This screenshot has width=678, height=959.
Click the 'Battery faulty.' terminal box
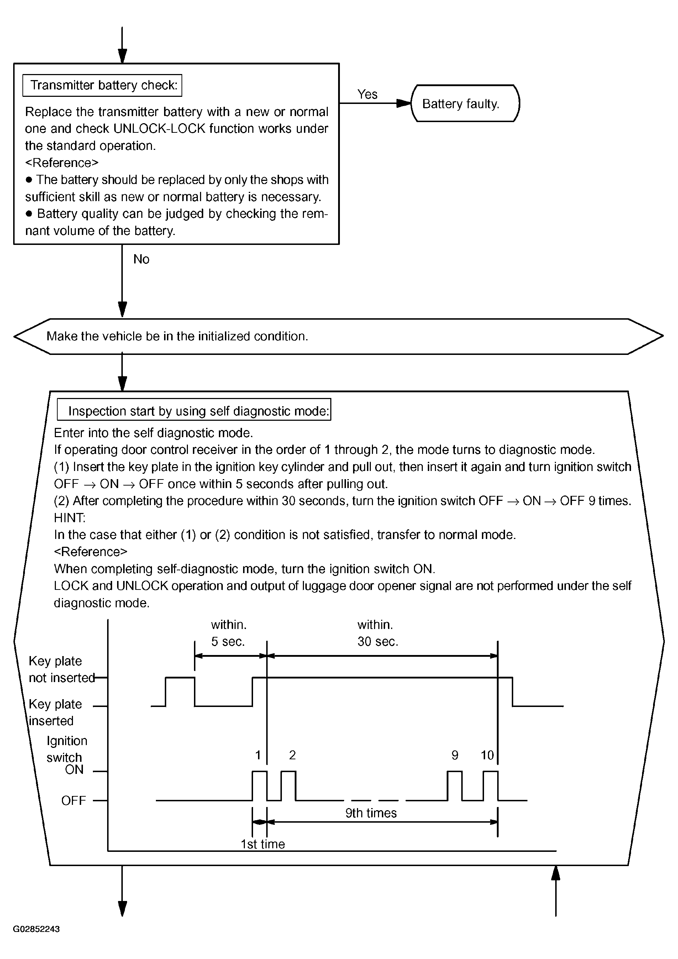[465, 104]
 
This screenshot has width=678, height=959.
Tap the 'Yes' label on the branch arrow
[367, 94]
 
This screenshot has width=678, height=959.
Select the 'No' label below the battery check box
[141, 260]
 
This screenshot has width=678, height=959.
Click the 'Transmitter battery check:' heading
[104, 85]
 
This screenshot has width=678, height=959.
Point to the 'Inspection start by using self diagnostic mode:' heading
[198, 411]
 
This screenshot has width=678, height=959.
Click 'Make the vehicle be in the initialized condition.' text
[177, 336]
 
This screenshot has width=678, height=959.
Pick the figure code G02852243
[36, 929]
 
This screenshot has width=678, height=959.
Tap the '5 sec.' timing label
[227, 641]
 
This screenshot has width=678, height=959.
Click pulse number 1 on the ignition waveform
[258, 755]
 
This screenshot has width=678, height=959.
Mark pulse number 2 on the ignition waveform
[292, 755]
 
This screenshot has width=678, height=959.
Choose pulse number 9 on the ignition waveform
[454, 755]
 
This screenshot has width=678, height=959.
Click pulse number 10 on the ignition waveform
[487, 755]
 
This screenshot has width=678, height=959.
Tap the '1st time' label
[263, 844]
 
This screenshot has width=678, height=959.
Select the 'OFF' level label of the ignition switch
[73, 801]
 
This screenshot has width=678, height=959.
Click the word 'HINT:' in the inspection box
[69, 518]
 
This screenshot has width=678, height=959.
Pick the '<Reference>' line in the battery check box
[62, 162]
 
